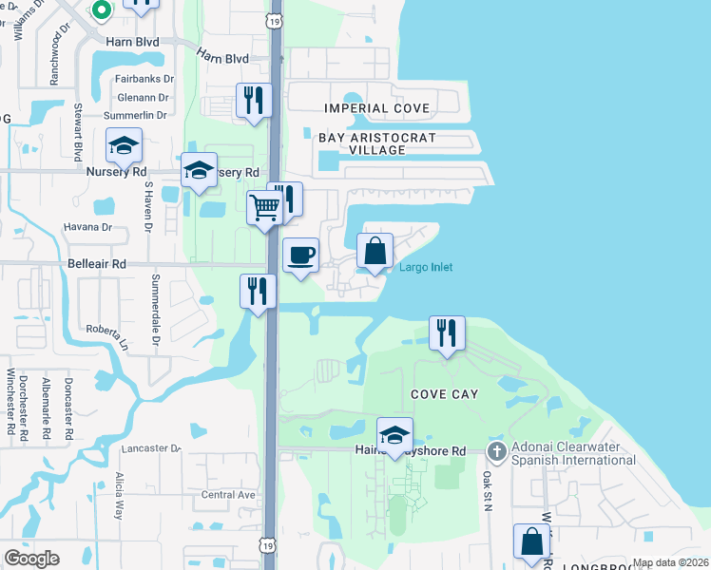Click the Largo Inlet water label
click(x=425, y=267)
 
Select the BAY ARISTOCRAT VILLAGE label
click(x=377, y=144)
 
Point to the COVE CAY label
click(x=444, y=393)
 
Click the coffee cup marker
click(x=301, y=255)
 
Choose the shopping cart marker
click(x=265, y=207)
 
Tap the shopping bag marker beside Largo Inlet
click(x=375, y=251)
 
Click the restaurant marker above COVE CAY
click(x=447, y=332)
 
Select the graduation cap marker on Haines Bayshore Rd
click(x=394, y=435)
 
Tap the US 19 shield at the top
click(x=275, y=20)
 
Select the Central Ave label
click(x=228, y=495)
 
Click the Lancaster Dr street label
click(x=149, y=447)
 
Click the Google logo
click(x=32, y=559)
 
